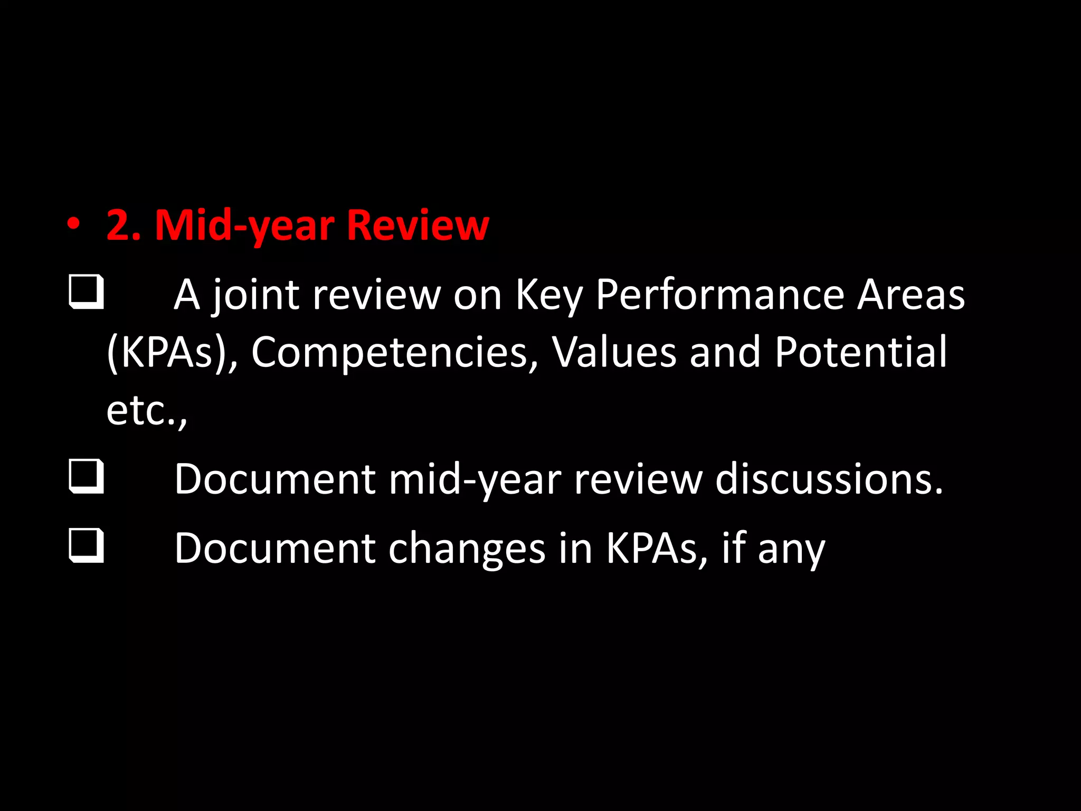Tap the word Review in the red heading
(x=418, y=226)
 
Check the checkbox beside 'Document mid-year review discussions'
(x=86, y=477)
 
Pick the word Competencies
(x=390, y=353)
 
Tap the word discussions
(x=829, y=479)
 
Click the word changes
(x=467, y=549)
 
